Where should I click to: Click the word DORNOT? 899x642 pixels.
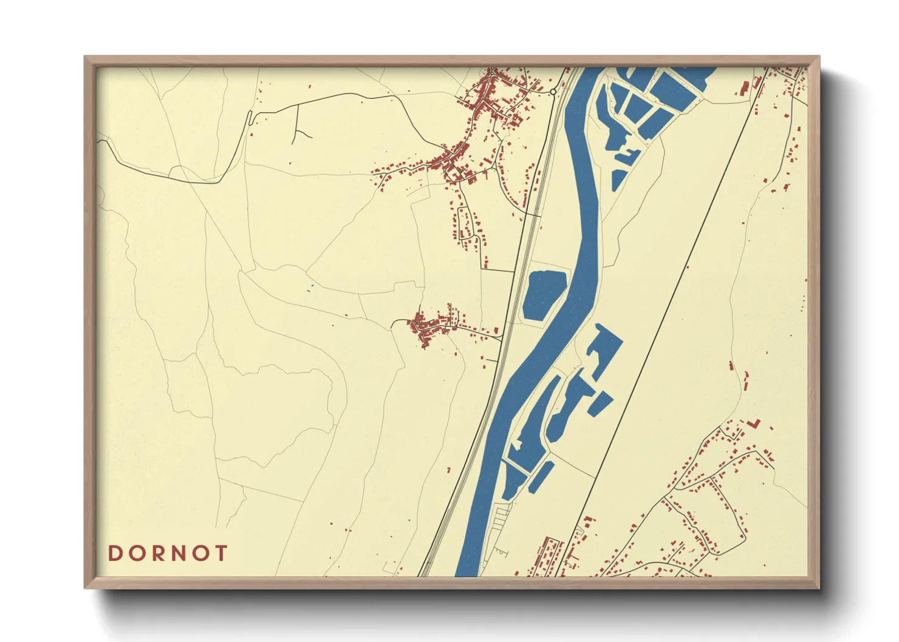click(x=168, y=553)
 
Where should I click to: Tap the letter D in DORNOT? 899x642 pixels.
click(x=115, y=553)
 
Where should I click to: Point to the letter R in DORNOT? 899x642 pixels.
click(x=156, y=553)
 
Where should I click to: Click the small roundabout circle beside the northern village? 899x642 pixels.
click(x=553, y=92)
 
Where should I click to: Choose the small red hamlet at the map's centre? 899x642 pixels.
click(x=428, y=328)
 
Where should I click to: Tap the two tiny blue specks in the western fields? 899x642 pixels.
click(x=310, y=289)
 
